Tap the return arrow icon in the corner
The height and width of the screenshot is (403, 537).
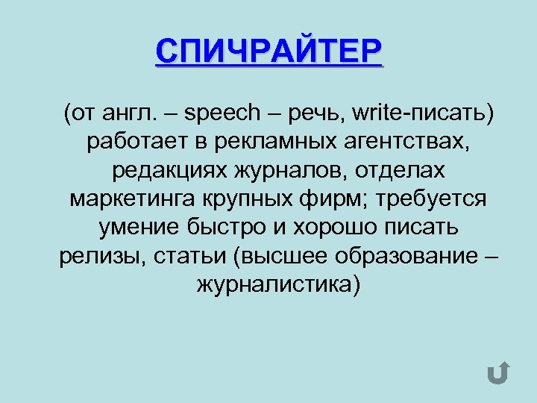[x=498, y=371]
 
